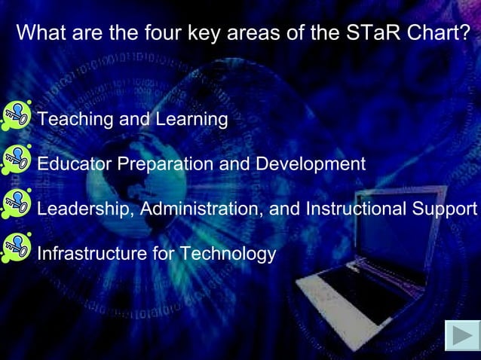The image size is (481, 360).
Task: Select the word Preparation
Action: pos(163,164)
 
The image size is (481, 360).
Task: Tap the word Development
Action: pos(311,164)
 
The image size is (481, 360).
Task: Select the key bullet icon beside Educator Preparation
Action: pos(16,160)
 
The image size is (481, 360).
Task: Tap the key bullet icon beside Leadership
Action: pos(16,204)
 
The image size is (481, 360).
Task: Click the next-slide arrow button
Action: pos(461,336)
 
